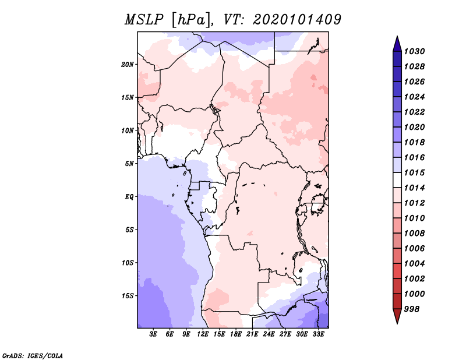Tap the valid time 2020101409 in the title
[x=296, y=20]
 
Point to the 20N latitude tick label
[x=128, y=64]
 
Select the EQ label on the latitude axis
[x=129, y=196]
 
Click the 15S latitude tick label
[x=128, y=295]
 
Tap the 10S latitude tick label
[x=128, y=262]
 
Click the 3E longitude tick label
[x=154, y=335]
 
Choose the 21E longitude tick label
[x=252, y=335]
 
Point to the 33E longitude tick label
[x=318, y=335]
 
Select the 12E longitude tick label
[x=203, y=335]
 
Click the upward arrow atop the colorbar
[x=397, y=43]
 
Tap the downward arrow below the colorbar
[x=397, y=316]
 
